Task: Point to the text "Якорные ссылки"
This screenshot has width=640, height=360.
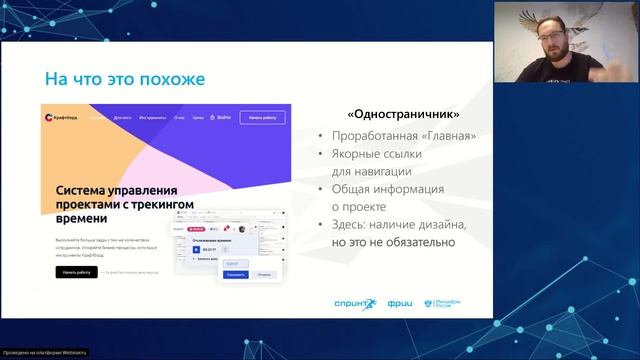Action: (378, 154)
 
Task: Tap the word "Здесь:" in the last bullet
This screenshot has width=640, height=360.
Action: (351, 225)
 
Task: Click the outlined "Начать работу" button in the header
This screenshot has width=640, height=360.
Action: (260, 117)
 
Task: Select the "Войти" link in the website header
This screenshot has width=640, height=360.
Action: (223, 117)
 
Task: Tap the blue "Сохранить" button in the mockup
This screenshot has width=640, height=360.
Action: (236, 272)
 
